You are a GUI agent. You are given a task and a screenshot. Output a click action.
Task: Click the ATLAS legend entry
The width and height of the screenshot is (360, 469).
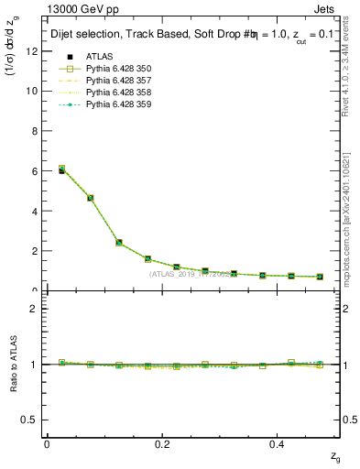coord(100,57)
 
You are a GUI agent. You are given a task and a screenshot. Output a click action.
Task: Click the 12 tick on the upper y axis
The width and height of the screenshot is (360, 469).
coord(33,51)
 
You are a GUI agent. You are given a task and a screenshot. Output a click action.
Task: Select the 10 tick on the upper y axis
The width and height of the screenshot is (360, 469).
coord(33,92)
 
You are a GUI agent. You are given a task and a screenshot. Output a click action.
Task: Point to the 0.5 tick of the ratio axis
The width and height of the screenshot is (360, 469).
coord(31,420)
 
